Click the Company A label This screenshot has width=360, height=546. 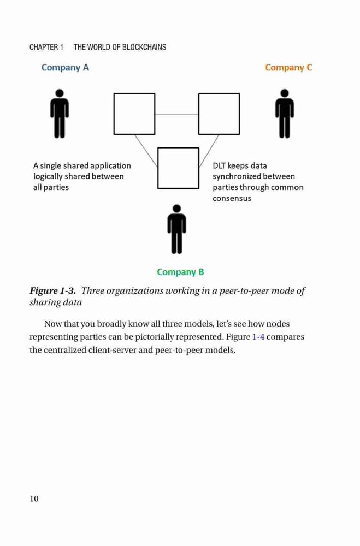click(65, 68)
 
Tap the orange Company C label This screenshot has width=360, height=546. click(288, 68)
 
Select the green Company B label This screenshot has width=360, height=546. click(180, 272)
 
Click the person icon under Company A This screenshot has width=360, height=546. click(60, 114)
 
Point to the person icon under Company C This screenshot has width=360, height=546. click(285, 114)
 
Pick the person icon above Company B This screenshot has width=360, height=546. click(176, 229)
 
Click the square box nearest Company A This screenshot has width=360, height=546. click(134, 114)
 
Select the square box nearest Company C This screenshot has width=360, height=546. click(219, 114)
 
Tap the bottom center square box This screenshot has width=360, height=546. click(178, 168)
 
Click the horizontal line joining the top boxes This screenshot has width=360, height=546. click(176, 114)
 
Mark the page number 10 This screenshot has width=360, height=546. click(34, 498)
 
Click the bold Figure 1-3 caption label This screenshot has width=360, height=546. click(52, 291)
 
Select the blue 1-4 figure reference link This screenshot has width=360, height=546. click(258, 337)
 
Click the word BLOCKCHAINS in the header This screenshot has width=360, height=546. click(144, 47)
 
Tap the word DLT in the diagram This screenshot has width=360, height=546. click(219, 166)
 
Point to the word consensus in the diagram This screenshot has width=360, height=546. click(232, 199)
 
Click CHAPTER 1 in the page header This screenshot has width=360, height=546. click(46, 47)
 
